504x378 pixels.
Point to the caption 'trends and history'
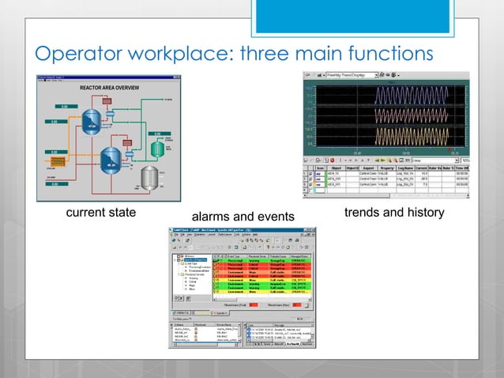(x=394, y=214)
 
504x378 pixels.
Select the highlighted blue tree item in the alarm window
(x=193, y=260)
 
